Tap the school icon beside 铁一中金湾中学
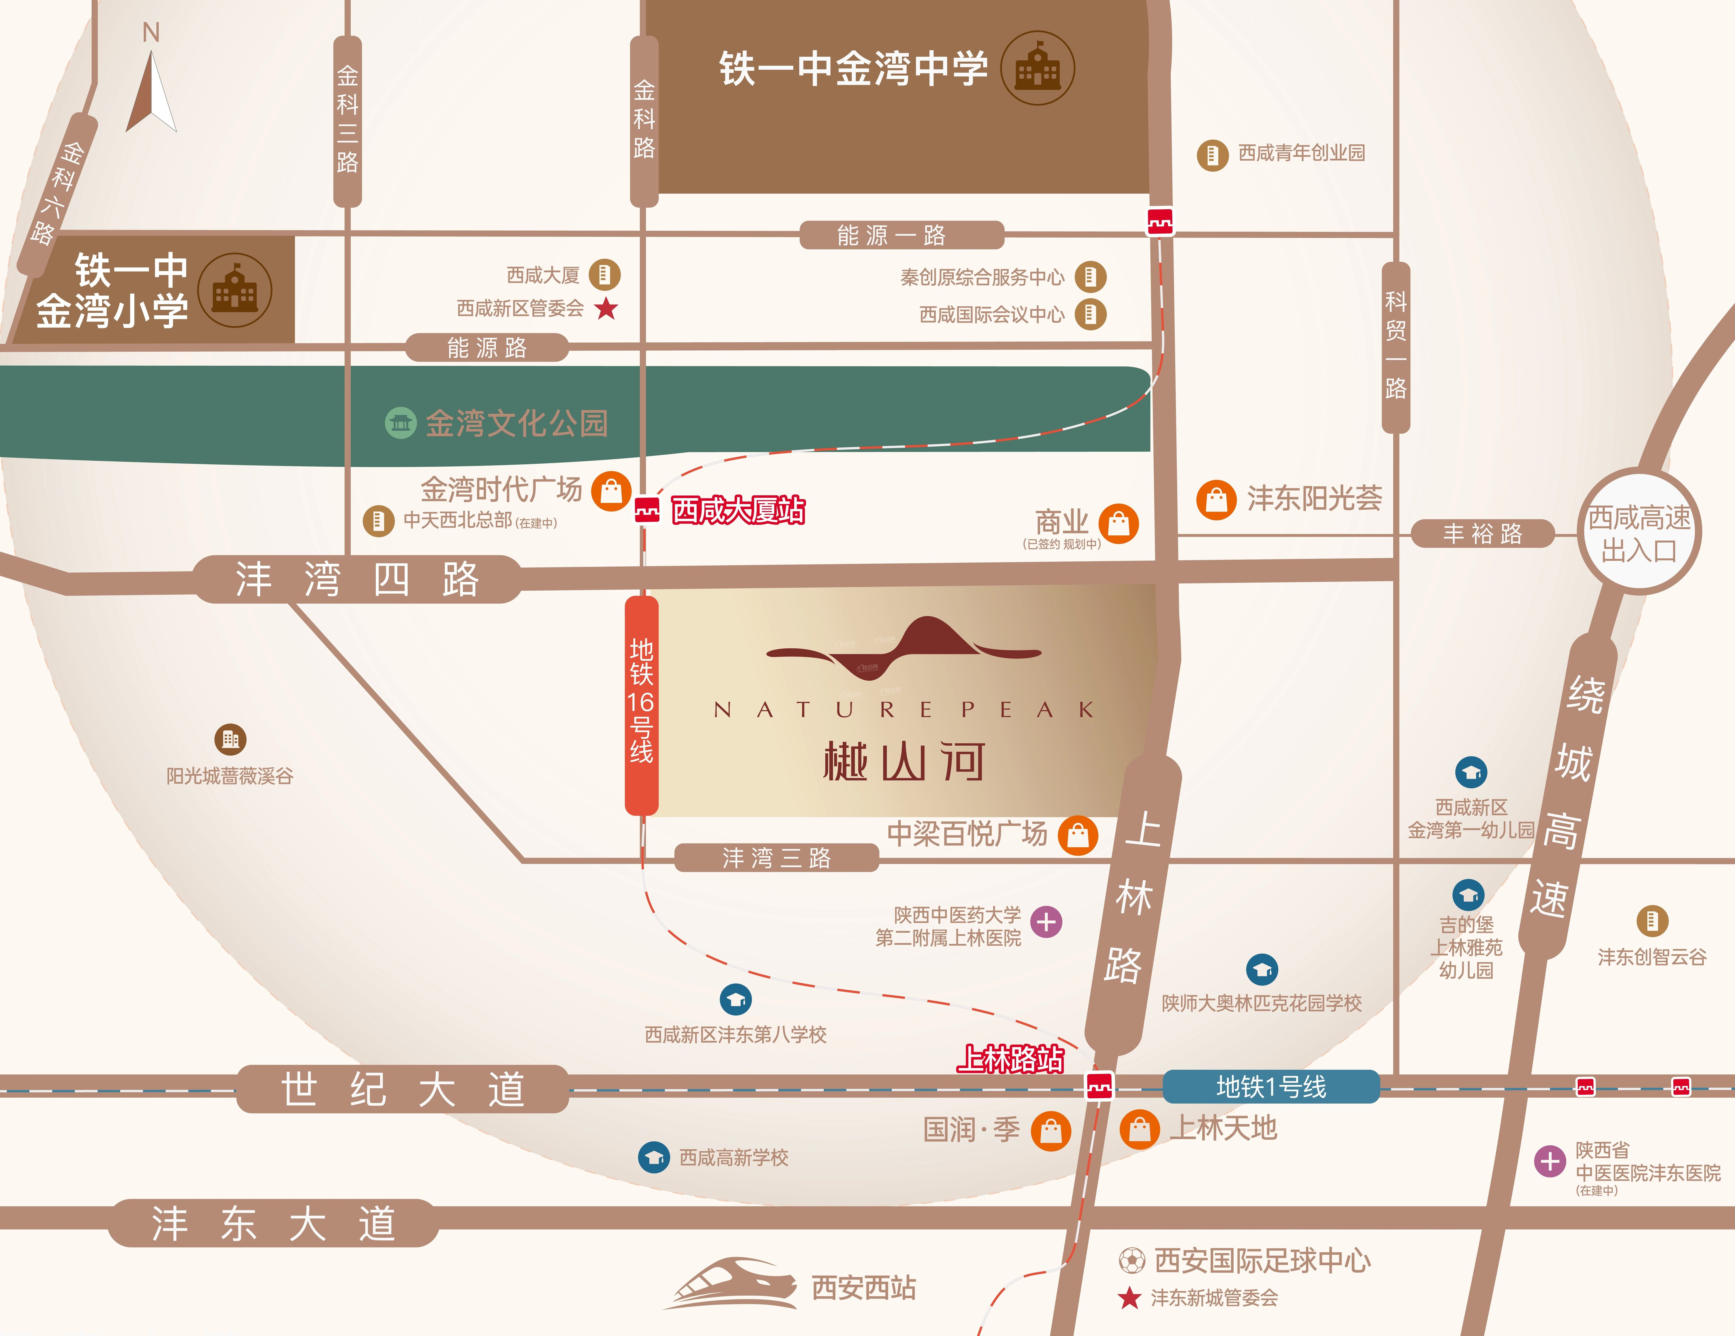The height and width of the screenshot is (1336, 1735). (1037, 68)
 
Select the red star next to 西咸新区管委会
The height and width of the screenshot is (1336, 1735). (606, 308)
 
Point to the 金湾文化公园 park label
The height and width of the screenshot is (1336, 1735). (516, 423)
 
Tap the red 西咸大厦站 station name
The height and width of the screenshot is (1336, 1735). (738, 510)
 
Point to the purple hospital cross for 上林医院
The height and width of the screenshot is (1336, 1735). (1046, 922)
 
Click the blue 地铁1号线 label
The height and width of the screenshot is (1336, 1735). (1271, 1087)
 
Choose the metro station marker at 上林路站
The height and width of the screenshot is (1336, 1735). (1099, 1086)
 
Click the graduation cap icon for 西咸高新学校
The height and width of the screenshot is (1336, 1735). (654, 1157)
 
